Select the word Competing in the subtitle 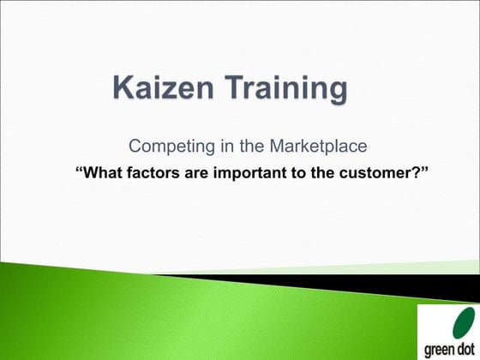[164, 146]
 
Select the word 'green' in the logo [435, 349]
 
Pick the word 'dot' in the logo [464, 349]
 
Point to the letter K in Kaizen [125, 88]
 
